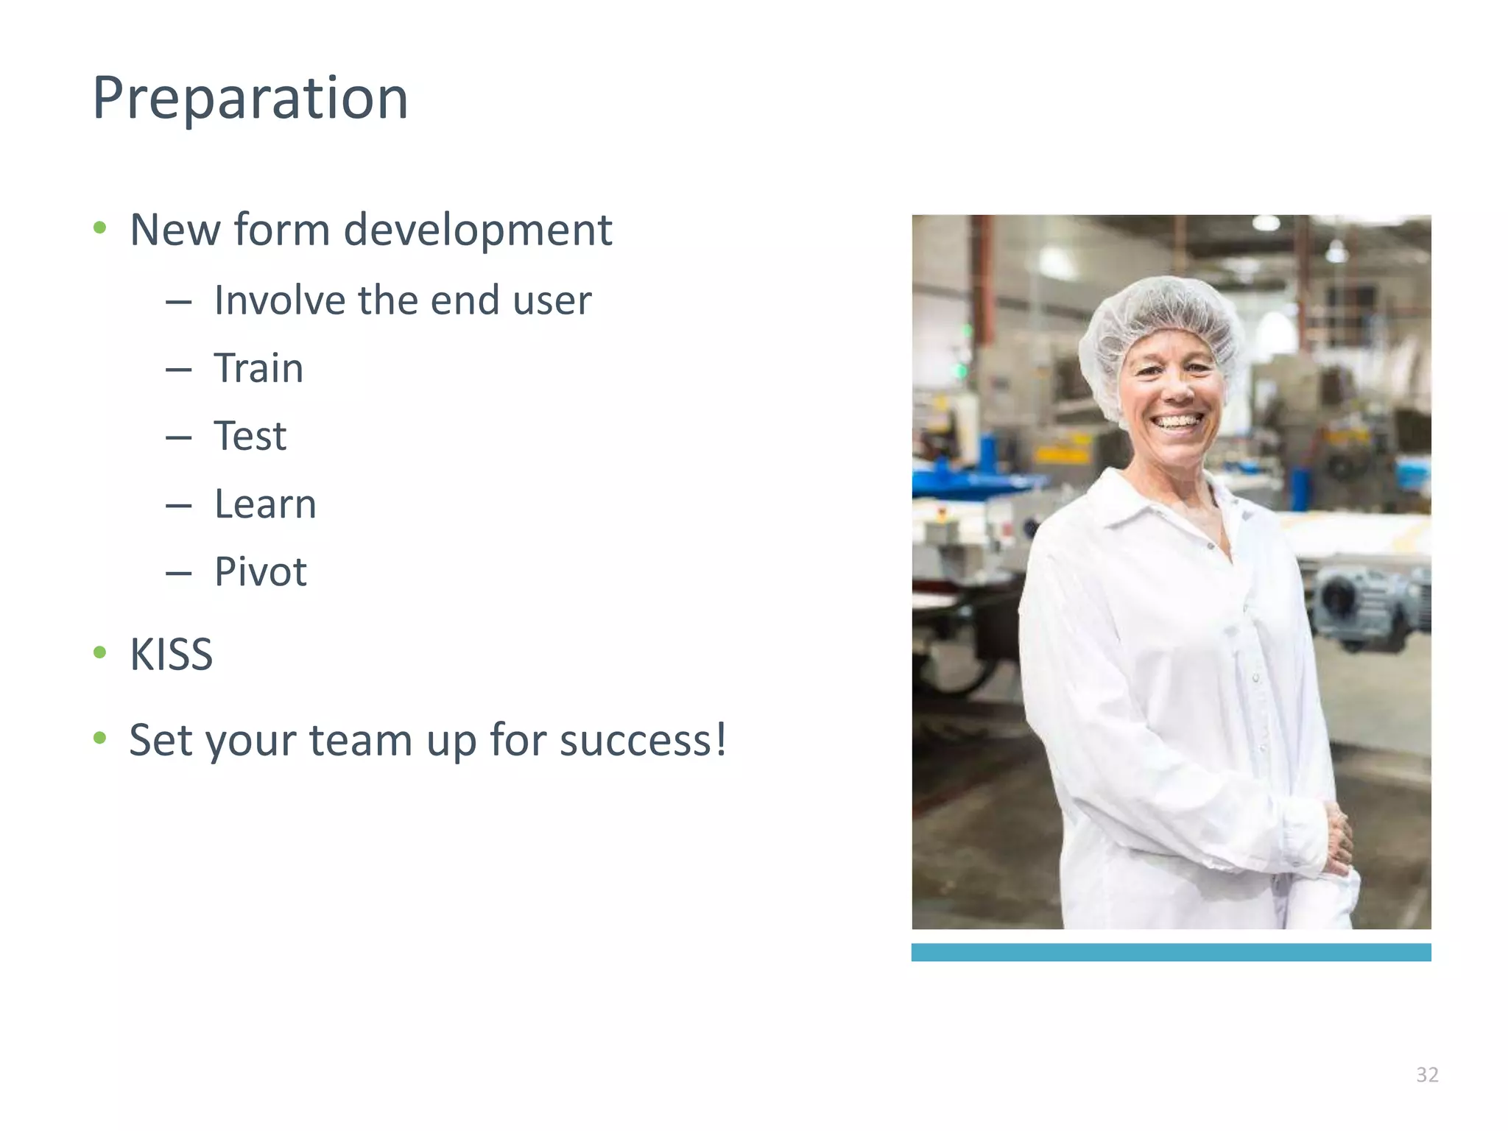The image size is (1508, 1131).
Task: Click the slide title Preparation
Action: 250,99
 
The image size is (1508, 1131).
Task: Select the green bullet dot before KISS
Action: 100,652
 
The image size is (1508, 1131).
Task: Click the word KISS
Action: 171,654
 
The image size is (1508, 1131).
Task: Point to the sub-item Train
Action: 258,368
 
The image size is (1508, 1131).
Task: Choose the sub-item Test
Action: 250,436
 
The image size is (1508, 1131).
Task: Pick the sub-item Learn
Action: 265,504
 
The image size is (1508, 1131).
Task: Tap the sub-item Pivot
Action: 260,572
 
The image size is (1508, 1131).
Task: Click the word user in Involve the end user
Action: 552,300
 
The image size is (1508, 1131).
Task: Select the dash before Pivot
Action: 178,574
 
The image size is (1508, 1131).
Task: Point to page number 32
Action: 1427,1075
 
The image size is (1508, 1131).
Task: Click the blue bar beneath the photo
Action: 1171,952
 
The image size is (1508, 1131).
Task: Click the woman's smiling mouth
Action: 1176,423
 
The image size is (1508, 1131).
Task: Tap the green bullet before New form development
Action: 100,228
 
